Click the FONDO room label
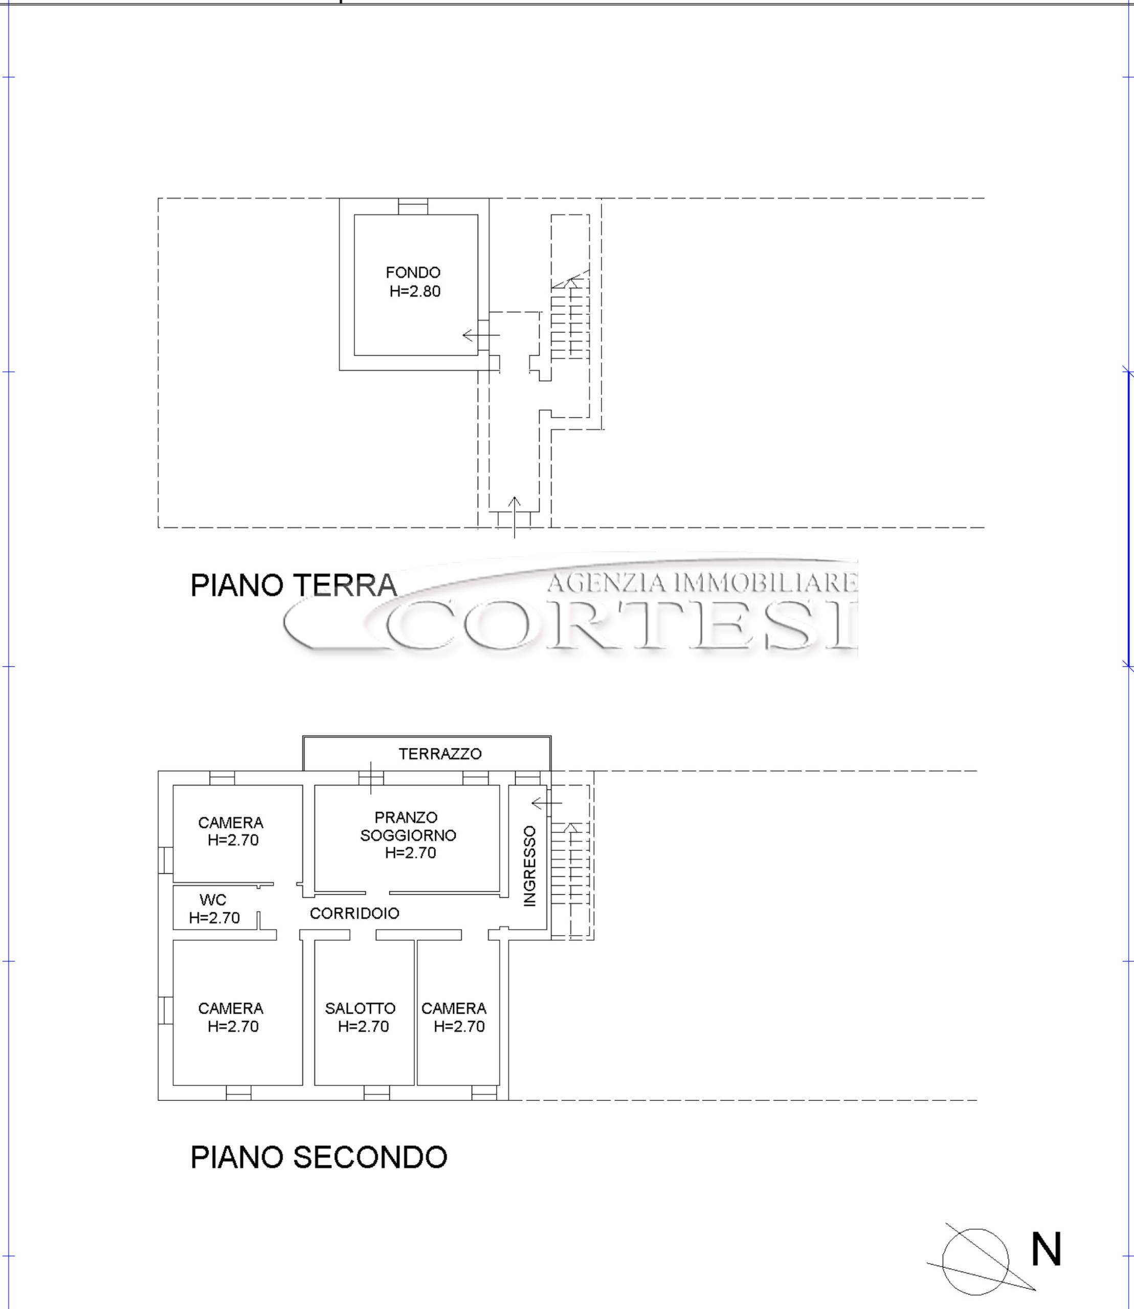click(413, 273)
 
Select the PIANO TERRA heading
click(294, 585)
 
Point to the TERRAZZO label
click(440, 754)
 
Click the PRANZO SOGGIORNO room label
click(408, 826)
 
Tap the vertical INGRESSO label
click(530, 866)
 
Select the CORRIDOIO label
click(354, 913)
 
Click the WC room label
click(213, 899)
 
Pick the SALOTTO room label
click(360, 1008)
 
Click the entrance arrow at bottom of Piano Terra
click(515, 517)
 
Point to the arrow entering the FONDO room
click(481, 335)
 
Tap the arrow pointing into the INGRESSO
click(547, 803)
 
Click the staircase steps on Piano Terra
click(570, 320)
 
